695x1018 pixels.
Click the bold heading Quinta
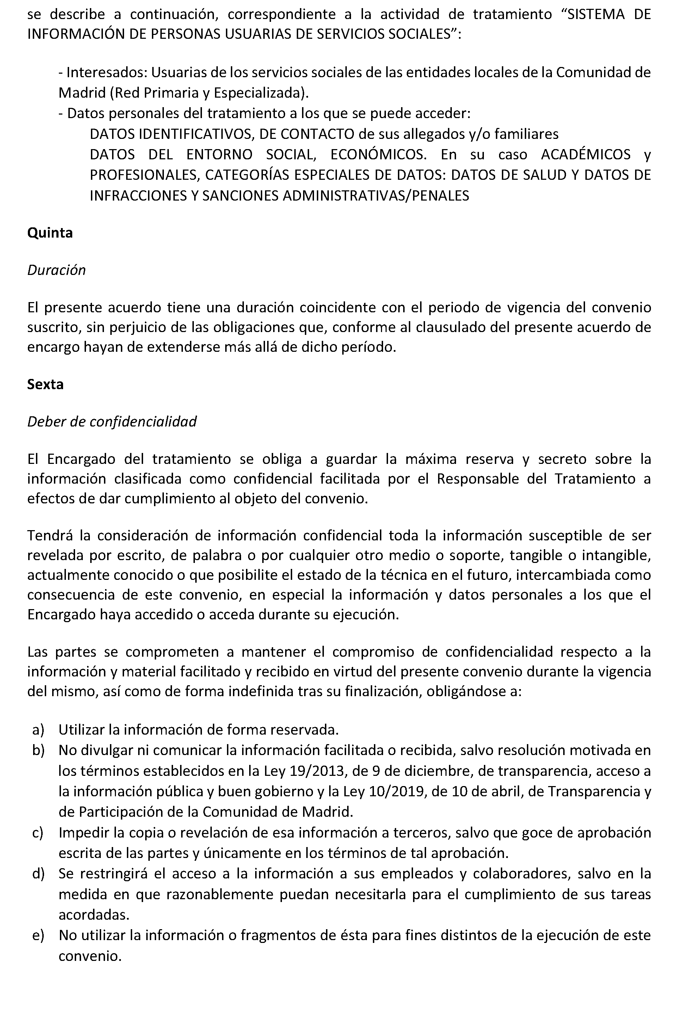50,233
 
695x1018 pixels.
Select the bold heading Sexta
45,384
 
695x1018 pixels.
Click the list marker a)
38,729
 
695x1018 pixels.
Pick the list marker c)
38,832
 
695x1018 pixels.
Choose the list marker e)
38,935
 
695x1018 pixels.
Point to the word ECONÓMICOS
378,155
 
